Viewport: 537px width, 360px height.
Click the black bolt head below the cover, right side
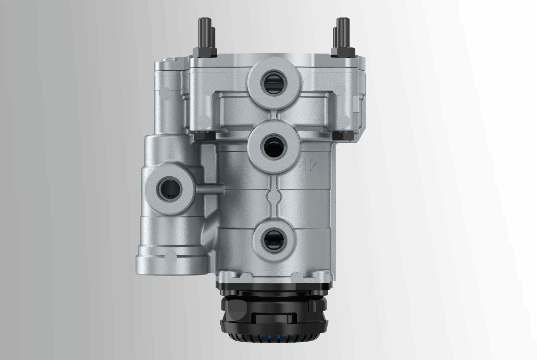(x=338, y=136)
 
